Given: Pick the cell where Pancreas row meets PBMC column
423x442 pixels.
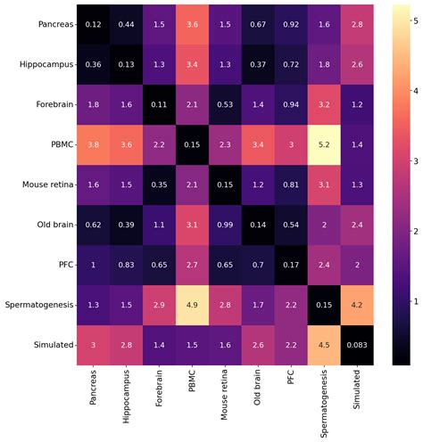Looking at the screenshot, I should (195, 25).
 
